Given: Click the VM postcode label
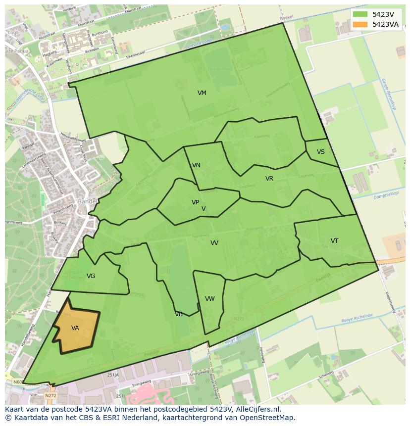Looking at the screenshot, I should pos(202,93).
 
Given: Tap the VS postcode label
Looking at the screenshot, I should pos(321,152).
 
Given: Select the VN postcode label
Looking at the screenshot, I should pos(197,165).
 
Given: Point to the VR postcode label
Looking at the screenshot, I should pos(269,179).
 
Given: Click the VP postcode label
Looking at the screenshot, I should pos(195,202).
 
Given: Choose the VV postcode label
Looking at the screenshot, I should pos(214,243).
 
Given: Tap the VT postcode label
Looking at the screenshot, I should pos(334,241).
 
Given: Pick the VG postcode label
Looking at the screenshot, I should pos(91,276).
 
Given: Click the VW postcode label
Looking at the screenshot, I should pos(210,299).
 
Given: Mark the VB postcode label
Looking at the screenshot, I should pos(179,314).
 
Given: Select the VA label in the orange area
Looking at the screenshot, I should pos(75,328).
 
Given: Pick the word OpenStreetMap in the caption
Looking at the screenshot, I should pos(267,418).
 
